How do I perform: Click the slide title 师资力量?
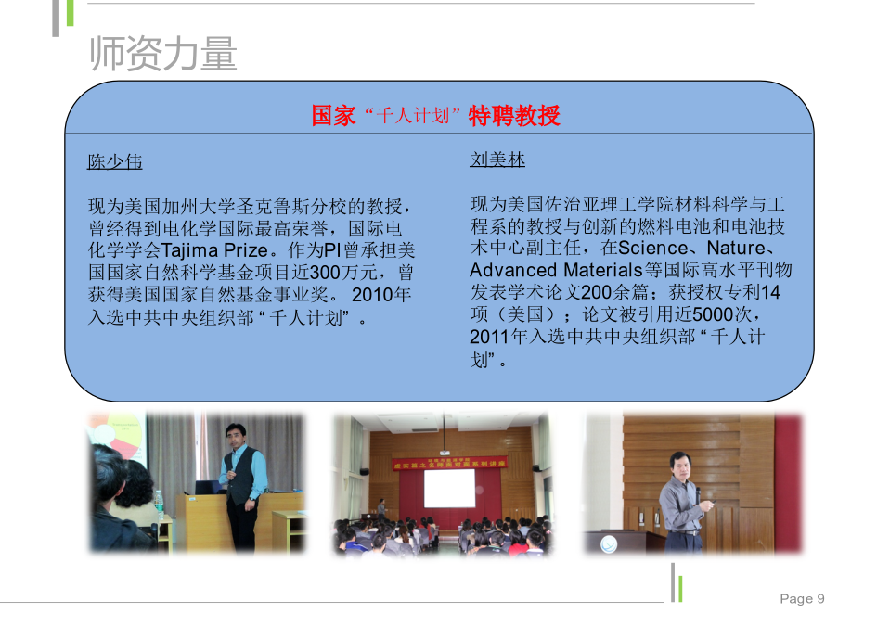click(163, 53)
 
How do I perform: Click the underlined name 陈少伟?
click(115, 161)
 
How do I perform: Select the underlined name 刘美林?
click(497, 160)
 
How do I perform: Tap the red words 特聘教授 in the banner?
click(514, 116)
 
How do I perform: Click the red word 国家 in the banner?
click(333, 116)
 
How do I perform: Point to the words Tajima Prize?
click(214, 250)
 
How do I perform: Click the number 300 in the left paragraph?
click(325, 273)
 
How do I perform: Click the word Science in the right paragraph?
click(653, 248)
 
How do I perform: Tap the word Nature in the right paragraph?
click(736, 248)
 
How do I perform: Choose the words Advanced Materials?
click(556, 270)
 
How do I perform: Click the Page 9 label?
click(802, 598)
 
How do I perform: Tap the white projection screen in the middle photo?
click(449, 489)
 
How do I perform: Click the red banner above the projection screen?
click(450, 464)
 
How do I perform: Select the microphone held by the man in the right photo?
click(698, 495)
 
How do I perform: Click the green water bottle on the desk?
click(159, 505)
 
